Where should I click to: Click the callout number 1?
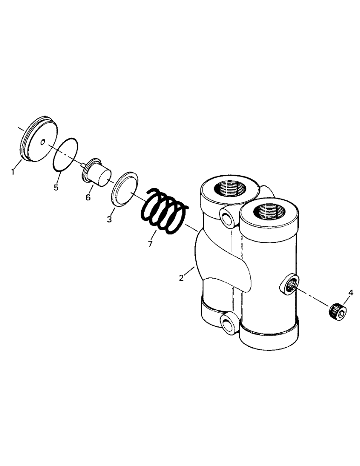[x=13, y=172]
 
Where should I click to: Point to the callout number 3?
[x=109, y=219]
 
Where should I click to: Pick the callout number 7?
[x=150, y=244]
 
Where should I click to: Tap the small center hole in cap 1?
[x=42, y=143]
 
